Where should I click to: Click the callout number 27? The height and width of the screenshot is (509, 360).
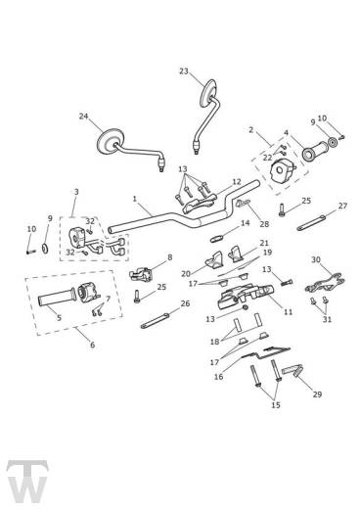pos(342,207)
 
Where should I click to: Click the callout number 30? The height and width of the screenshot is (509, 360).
pos(315,260)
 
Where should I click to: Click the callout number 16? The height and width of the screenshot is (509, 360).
pos(218,375)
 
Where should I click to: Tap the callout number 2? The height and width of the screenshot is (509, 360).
pos(250,129)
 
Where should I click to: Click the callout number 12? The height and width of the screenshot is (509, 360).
pos(236,181)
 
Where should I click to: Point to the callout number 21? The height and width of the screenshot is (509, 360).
pos(263,243)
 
